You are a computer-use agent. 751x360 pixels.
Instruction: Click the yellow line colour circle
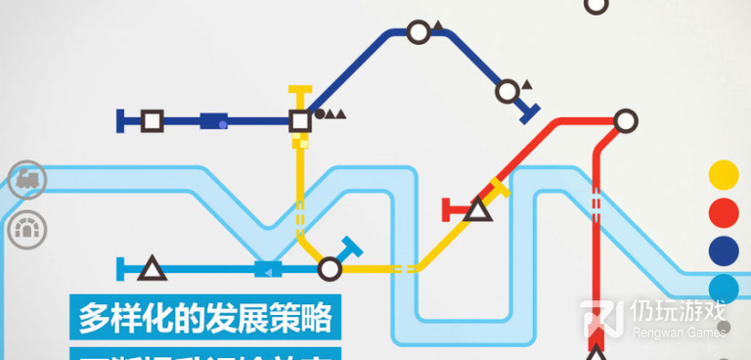pyautogui.click(x=724, y=175)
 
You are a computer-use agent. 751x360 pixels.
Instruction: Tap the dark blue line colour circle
pyautogui.click(x=724, y=249)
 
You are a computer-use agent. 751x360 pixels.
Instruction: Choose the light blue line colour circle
pyautogui.click(x=724, y=288)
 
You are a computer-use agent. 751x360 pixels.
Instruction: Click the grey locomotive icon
pyautogui.click(x=27, y=179)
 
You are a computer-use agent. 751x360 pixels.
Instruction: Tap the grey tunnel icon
pyautogui.click(x=27, y=230)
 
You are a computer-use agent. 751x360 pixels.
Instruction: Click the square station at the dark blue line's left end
pyautogui.click(x=152, y=121)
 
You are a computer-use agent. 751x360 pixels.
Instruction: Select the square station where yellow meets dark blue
pyautogui.click(x=300, y=120)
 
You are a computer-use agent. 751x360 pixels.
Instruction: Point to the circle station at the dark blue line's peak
pyautogui.click(x=419, y=32)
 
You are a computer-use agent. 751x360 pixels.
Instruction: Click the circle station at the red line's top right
pyautogui.click(x=626, y=121)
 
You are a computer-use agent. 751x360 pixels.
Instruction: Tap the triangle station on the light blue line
pyautogui.click(x=152, y=268)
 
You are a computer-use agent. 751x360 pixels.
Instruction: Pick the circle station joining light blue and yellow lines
pyautogui.click(x=330, y=268)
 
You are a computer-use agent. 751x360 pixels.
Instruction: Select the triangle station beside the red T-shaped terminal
pyautogui.click(x=478, y=209)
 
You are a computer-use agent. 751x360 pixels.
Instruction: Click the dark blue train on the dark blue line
pyautogui.click(x=213, y=121)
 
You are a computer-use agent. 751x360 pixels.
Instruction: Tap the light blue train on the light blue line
pyautogui.click(x=268, y=268)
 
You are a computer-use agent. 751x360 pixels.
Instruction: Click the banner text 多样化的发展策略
pyautogui.click(x=204, y=318)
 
